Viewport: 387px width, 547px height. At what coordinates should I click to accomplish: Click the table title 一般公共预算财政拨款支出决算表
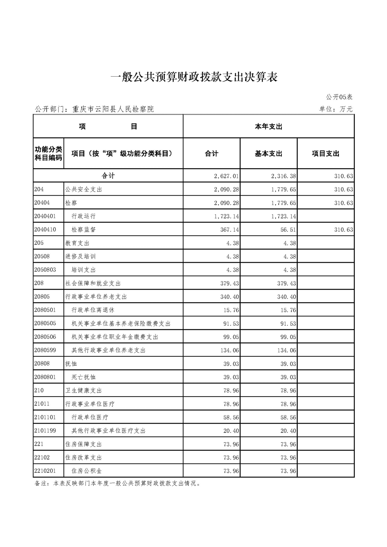[x=194, y=77]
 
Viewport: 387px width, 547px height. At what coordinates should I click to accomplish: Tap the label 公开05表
[x=339, y=97]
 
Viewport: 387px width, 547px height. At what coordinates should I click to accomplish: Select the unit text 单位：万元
[x=336, y=109]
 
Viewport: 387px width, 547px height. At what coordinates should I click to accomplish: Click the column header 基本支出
[x=268, y=154]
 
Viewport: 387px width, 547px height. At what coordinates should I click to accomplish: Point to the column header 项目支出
[x=325, y=154]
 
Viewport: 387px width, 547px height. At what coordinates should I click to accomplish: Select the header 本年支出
[x=268, y=126]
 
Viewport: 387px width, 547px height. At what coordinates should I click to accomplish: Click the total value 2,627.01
[x=226, y=176]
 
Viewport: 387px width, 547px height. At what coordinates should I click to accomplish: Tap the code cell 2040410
[x=45, y=229]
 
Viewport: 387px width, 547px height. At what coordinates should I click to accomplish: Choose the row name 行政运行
[x=84, y=216]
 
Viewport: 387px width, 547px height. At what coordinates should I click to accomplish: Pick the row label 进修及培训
[x=80, y=256]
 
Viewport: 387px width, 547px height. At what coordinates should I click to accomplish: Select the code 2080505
[x=45, y=323]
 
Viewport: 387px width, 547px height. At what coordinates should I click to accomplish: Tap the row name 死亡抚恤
[x=84, y=377]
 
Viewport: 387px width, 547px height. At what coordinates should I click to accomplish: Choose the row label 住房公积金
[x=87, y=471]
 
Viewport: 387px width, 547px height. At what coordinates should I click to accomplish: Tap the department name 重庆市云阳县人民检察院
[x=113, y=109]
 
